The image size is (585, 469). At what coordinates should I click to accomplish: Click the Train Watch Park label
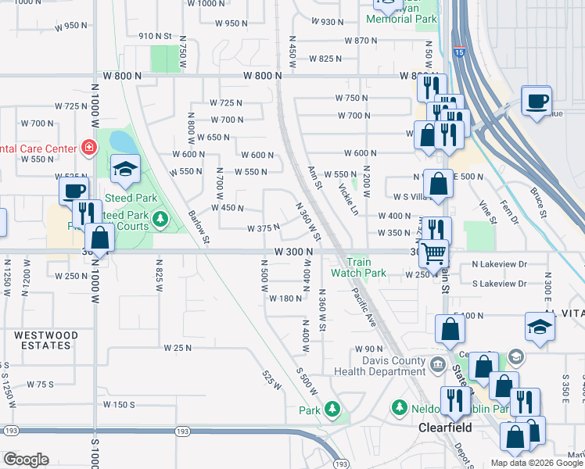(x=358, y=268)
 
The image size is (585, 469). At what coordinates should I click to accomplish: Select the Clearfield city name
(x=443, y=429)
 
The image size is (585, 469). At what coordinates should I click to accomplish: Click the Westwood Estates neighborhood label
(x=46, y=340)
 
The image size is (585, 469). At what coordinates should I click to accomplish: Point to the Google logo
(x=26, y=460)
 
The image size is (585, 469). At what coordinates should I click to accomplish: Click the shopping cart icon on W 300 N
(x=433, y=253)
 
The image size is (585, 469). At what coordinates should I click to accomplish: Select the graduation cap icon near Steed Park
(x=124, y=168)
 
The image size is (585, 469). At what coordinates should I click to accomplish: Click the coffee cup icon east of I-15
(x=537, y=101)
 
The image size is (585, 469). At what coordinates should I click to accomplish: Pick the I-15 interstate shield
(x=458, y=52)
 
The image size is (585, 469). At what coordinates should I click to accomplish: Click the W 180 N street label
(x=285, y=298)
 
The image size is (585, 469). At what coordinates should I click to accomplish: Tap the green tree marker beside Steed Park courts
(x=160, y=218)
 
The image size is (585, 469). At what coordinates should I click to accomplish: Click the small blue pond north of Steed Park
(x=122, y=141)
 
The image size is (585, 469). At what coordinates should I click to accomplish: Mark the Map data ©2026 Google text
(x=536, y=463)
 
